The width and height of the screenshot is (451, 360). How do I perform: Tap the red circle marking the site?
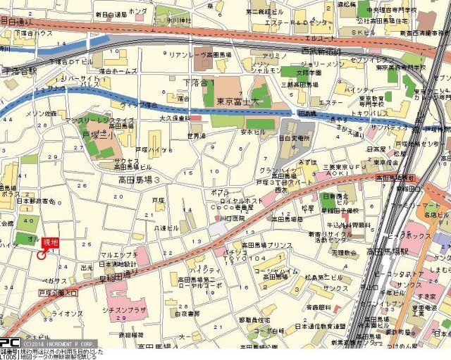41,255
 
